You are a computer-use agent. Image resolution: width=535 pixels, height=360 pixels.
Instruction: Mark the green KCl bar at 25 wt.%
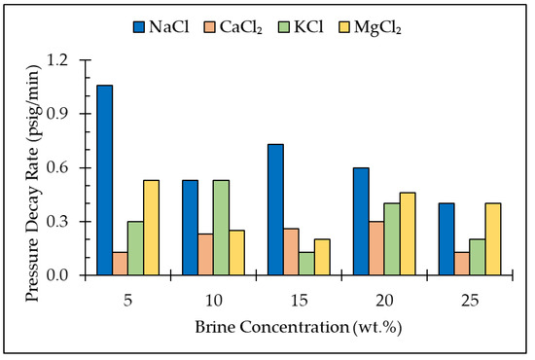tap(478, 257)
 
